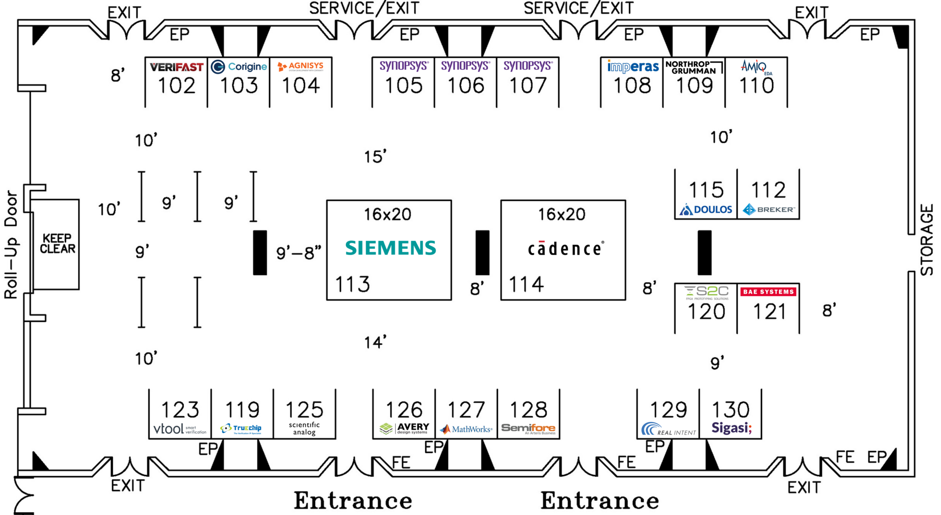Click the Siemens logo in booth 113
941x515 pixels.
[x=390, y=248]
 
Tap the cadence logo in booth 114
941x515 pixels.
[x=565, y=249]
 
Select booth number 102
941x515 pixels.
[x=176, y=86]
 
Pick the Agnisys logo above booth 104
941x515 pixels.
[x=300, y=67]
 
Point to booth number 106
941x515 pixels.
[x=465, y=86]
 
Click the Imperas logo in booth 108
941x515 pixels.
[x=633, y=67]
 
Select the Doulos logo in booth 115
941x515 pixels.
[x=706, y=210]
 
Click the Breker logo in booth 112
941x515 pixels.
[x=768, y=210]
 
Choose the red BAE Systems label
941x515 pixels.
[x=768, y=291]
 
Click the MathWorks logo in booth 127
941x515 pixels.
[x=466, y=429]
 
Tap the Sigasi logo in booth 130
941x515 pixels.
[x=731, y=428]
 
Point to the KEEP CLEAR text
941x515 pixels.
[x=57, y=244]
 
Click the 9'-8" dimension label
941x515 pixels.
[x=299, y=252]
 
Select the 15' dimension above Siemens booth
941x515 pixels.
[x=375, y=157]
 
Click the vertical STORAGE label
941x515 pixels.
[x=927, y=240]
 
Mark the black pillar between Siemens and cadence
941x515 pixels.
[x=482, y=252]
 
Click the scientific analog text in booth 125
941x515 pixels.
[x=304, y=428]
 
